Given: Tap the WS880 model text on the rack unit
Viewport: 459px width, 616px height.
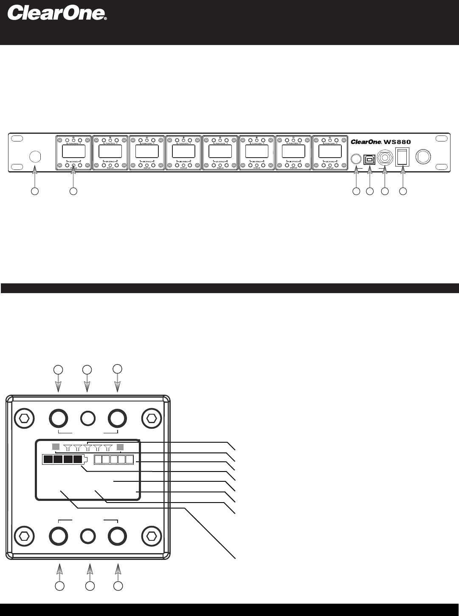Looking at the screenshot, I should tap(397, 142).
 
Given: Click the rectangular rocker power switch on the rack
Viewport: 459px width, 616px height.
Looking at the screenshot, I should tap(402, 157).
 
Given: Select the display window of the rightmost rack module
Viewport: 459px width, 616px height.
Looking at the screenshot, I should tap(330, 151).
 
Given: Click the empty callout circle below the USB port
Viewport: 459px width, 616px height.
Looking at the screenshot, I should tap(370, 192).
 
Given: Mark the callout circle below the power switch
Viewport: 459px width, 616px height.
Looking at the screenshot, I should tap(403, 192).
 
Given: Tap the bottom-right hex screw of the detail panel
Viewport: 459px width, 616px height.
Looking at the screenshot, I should tap(151, 536).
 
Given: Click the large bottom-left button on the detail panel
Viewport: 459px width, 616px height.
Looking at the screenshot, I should tap(59, 536).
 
